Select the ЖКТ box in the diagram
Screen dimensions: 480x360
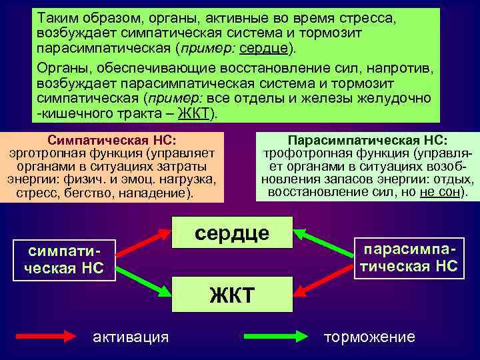pos(232,293)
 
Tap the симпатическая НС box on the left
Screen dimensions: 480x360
pos(65,261)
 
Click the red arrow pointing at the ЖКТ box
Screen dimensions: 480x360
pos(323,282)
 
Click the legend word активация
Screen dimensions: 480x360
pos(131,337)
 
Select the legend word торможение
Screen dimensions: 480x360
pos(369,337)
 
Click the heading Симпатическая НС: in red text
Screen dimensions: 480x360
pos(111,141)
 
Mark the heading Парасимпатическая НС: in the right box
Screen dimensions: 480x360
pos(367,141)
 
